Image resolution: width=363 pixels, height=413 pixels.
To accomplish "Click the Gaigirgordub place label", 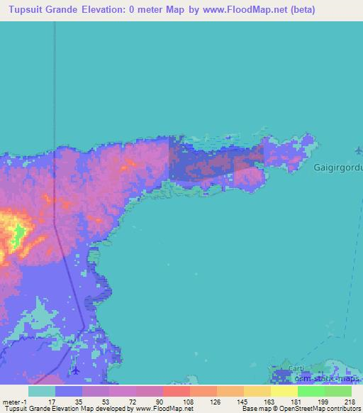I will point(337,168).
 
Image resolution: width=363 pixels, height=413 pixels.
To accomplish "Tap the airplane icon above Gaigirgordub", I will point(359,150).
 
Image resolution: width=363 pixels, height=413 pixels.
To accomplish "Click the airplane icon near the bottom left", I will point(76,370).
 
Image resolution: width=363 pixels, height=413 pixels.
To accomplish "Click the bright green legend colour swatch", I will point(311,391).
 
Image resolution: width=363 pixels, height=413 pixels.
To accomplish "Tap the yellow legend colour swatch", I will point(284,391).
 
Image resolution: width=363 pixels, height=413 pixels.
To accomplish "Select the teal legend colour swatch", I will point(42,391).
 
